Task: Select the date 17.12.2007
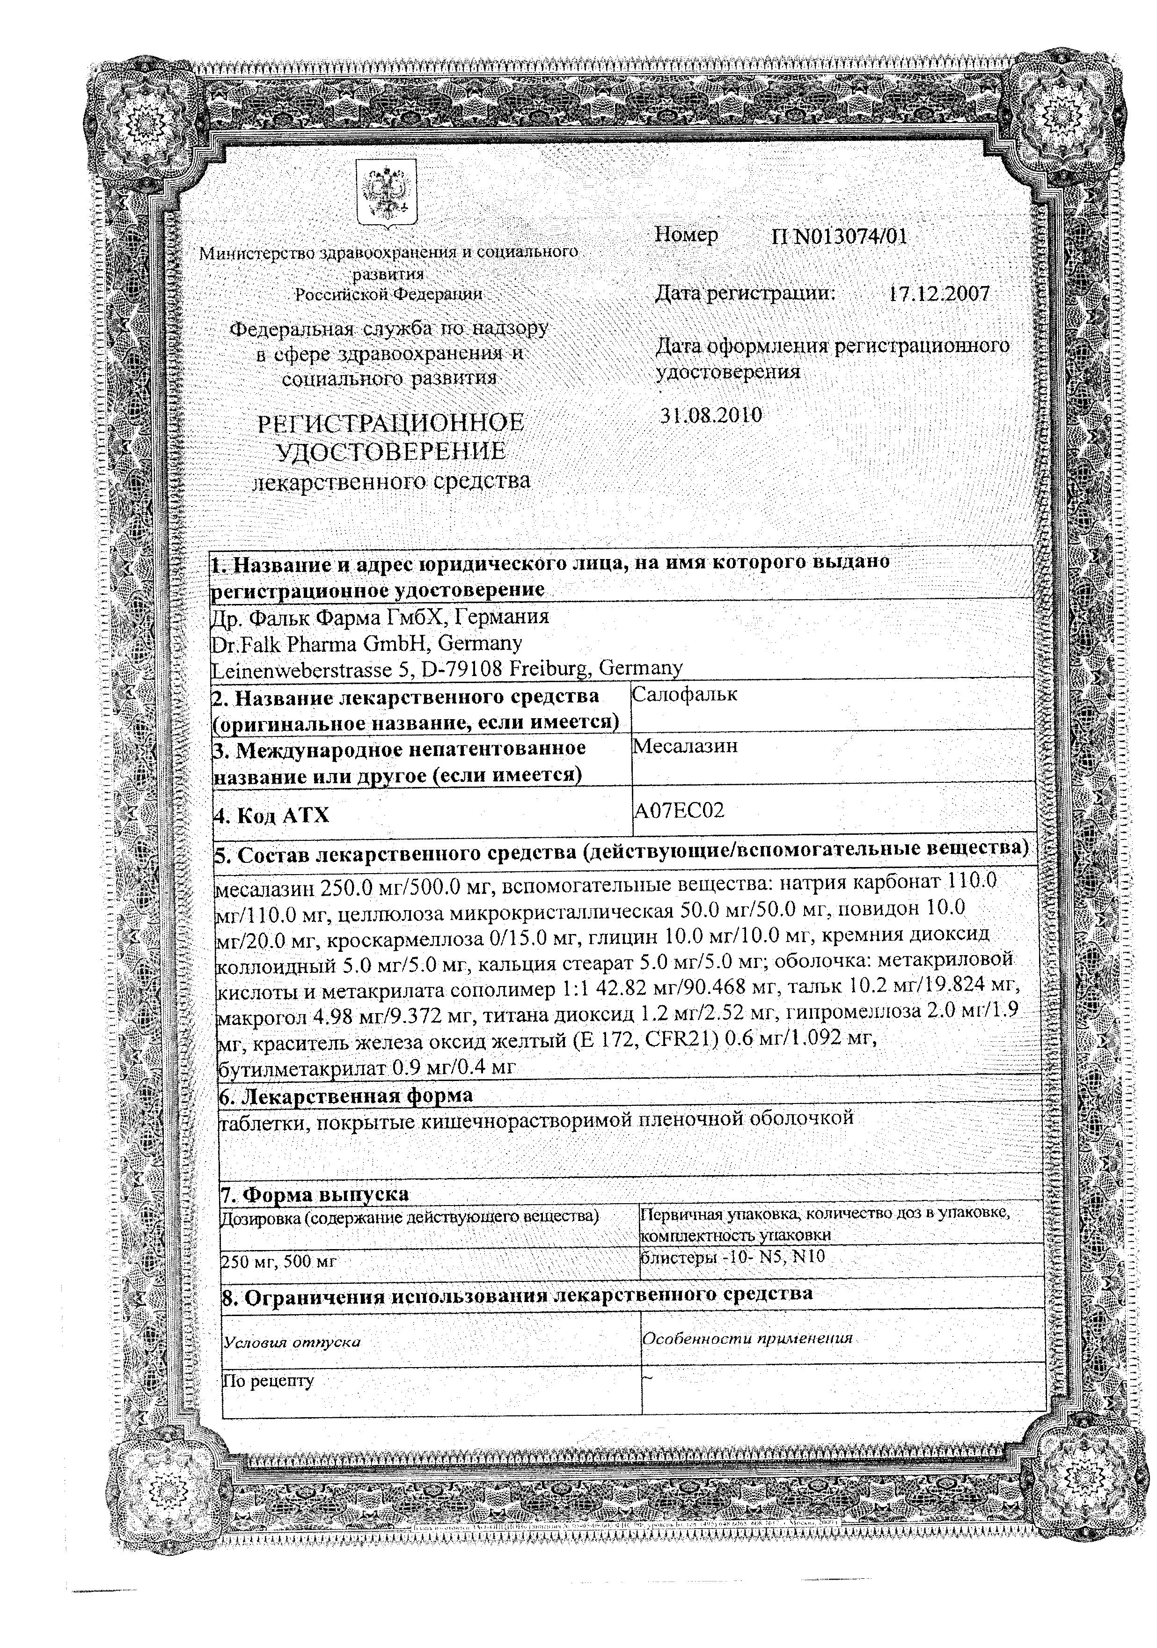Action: click(x=939, y=293)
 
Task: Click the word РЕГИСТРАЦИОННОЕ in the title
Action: click(x=391, y=423)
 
